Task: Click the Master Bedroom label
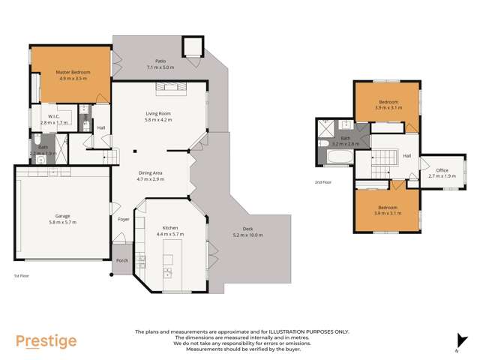pos(73,72)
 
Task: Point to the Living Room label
pos(158,113)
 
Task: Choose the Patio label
pos(160,61)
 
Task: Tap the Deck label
pos(247,229)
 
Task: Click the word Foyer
pos(124,220)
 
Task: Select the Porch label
pos(121,260)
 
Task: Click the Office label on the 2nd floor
pos(442,170)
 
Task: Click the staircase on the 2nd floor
pos(383,158)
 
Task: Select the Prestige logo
pos(46,341)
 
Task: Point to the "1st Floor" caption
pos(21,277)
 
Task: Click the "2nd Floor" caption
pos(324,181)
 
